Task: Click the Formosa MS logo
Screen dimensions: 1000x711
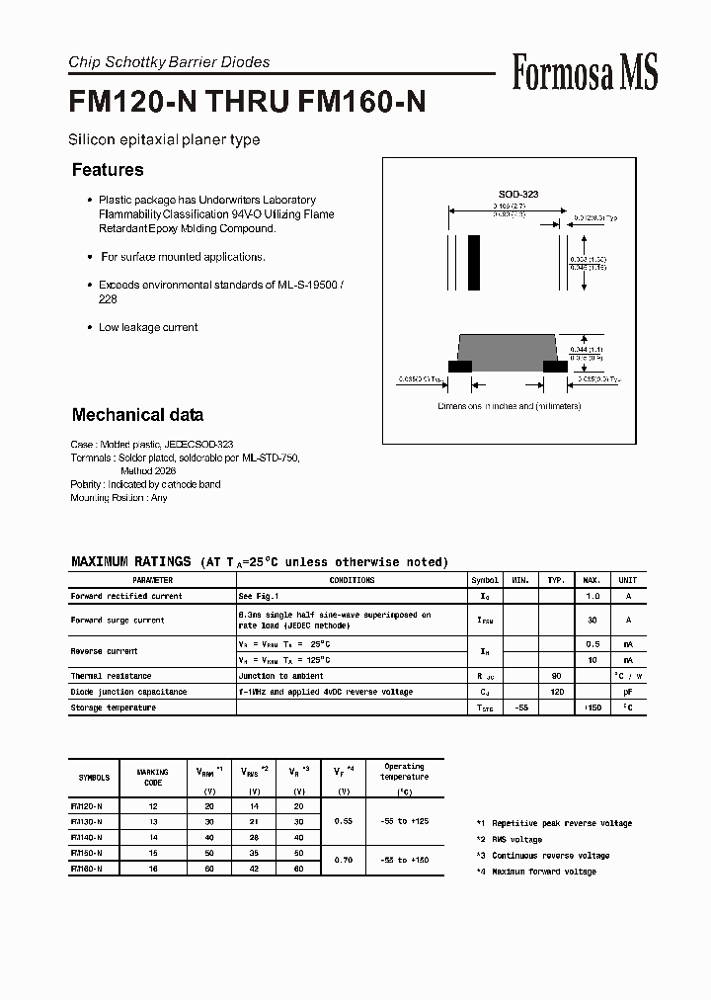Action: pyautogui.click(x=585, y=71)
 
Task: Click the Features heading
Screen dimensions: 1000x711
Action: pyautogui.click(x=108, y=170)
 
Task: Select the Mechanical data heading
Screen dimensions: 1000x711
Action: pyautogui.click(x=137, y=415)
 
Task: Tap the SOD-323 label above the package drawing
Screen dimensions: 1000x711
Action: pyautogui.click(x=517, y=195)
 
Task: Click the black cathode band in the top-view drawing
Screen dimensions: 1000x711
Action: pyautogui.click(x=474, y=260)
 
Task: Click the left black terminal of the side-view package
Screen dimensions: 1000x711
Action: pyautogui.click(x=459, y=366)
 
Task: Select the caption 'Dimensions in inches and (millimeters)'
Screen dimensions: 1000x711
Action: pyautogui.click(x=509, y=406)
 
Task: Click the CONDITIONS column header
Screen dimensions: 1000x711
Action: pyautogui.click(x=352, y=580)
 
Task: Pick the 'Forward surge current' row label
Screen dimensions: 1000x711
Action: pyautogui.click(x=118, y=620)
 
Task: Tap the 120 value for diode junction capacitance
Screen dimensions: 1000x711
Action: pyautogui.click(x=556, y=692)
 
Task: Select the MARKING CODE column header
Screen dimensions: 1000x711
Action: pyautogui.click(x=153, y=777)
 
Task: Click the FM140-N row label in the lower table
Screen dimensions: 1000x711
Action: pyautogui.click(x=87, y=836)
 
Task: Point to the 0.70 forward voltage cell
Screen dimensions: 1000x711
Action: pyautogui.click(x=344, y=860)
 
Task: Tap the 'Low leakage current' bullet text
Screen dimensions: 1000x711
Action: pyautogui.click(x=148, y=327)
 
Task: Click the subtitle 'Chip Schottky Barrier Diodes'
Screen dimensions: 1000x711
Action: pyautogui.click(x=169, y=62)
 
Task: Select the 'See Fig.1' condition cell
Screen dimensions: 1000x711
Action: pyautogui.click(x=259, y=596)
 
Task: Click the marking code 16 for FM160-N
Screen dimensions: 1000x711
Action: pyautogui.click(x=153, y=868)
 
